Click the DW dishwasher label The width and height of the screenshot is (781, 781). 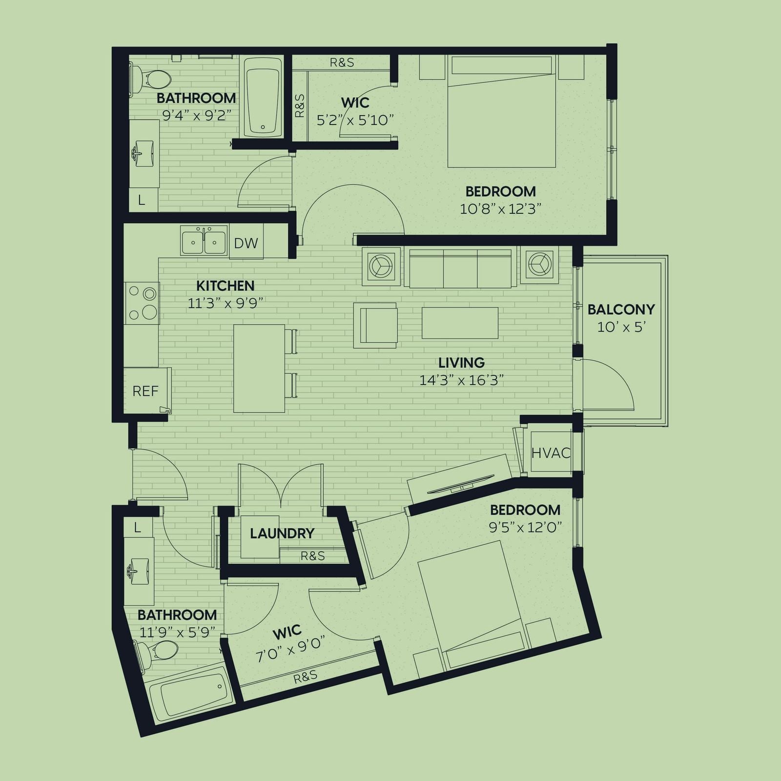click(x=246, y=243)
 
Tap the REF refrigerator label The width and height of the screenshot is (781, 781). click(x=145, y=391)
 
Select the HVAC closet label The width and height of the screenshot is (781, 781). click(x=551, y=453)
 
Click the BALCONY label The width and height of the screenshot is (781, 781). click(x=621, y=309)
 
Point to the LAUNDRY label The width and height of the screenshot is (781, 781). click(x=282, y=534)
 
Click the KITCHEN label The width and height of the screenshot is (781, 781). click(x=225, y=286)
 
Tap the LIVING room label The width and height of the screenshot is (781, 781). click(x=461, y=363)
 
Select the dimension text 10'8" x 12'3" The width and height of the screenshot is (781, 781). click(x=500, y=209)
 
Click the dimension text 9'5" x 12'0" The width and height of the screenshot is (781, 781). click(x=525, y=528)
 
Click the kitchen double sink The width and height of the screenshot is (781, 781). click(x=204, y=240)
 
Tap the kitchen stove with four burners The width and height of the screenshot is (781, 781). click(x=142, y=303)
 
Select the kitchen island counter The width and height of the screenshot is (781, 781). click(x=259, y=369)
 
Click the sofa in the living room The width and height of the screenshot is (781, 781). click(x=460, y=268)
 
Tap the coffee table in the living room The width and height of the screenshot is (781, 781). click(x=460, y=323)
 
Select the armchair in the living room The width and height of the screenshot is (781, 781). click(x=375, y=326)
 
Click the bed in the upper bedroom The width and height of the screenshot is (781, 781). click(x=502, y=112)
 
